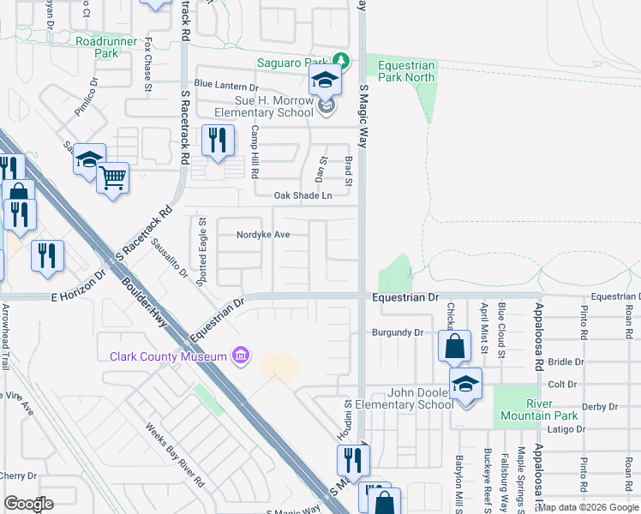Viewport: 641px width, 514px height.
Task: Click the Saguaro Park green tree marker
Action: pyautogui.click(x=342, y=61)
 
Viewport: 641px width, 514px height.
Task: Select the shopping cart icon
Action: pyautogui.click(x=112, y=178)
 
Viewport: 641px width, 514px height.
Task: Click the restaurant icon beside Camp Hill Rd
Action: pyautogui.click(x=218, y=139)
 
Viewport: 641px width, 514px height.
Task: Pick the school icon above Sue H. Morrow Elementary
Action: pyautogui.click(x=326, y=81)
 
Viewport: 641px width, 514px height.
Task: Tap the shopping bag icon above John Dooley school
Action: pyautogui.click(x=454, y=346)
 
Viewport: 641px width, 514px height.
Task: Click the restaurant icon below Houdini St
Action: pyautogui.click(x=351, y=460)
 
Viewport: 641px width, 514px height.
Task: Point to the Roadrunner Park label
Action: pyautogui.click(x=107, y=46)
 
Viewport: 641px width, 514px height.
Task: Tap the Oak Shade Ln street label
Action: pyautogui.click(x=303, y=195)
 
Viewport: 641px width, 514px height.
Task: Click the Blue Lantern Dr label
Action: pyautogui.click(x=226, y=87)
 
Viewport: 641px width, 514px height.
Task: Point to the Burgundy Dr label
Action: pyautogui.click(x=398, y=332)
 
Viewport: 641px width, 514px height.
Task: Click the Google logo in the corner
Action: pyautogui.click(x=29, y=503)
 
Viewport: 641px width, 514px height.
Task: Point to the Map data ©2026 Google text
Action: pyautogui.click(x=588, y=507)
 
